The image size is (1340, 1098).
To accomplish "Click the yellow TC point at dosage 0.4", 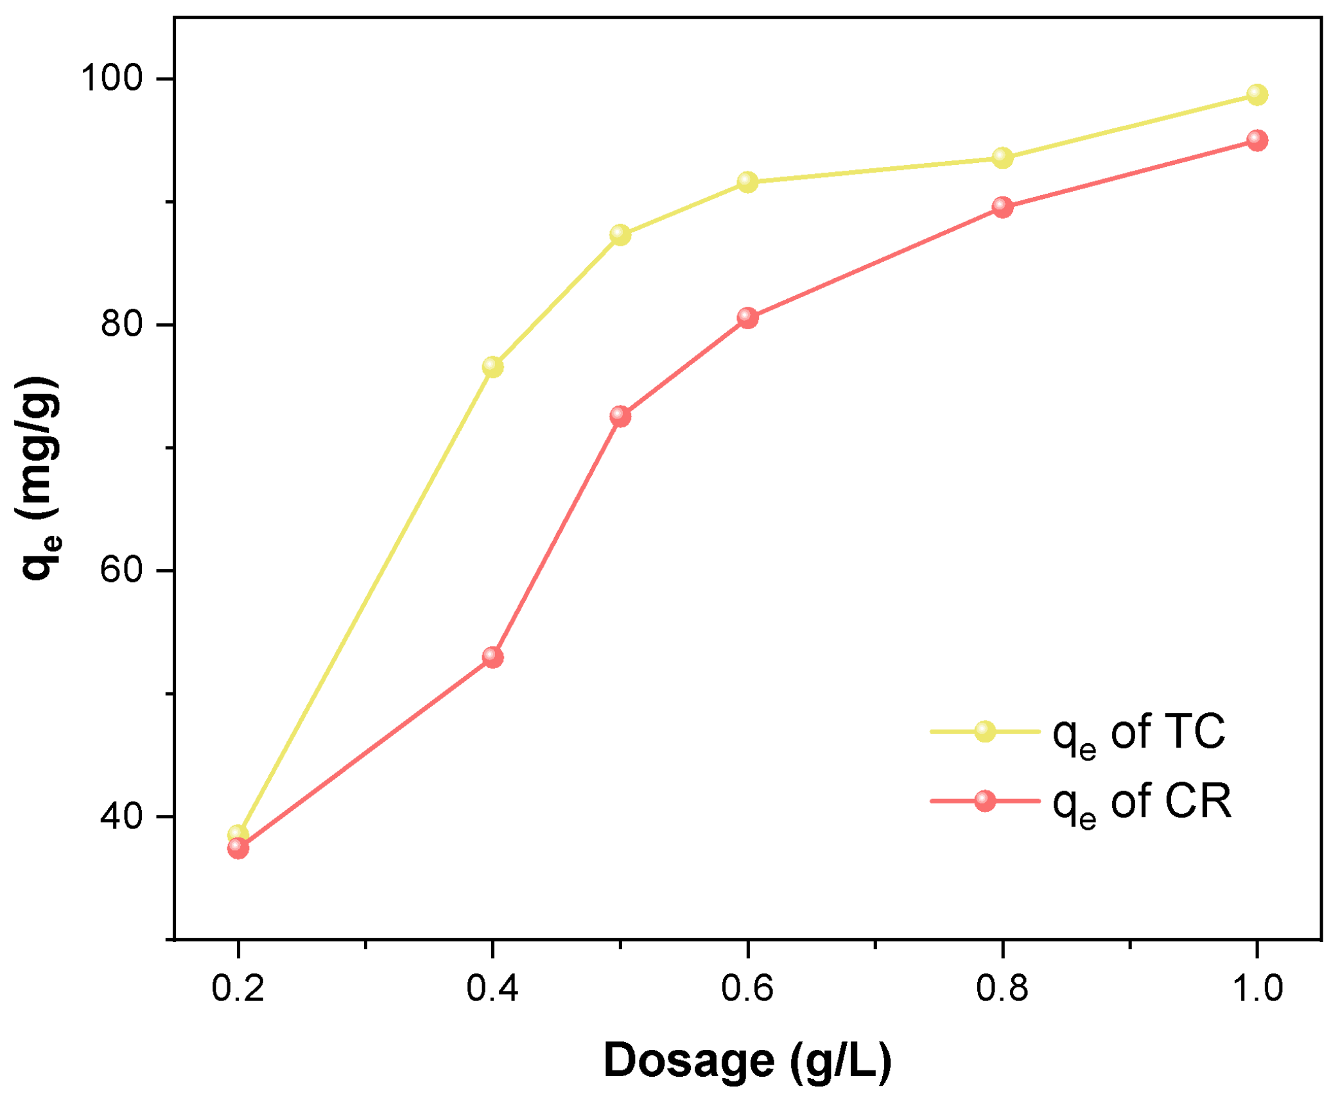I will (492, 366).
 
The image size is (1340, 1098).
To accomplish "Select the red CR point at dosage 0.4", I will (492, 657).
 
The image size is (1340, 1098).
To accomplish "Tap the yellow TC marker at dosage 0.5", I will (620, 234).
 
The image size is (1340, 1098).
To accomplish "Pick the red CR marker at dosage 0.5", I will (620, 416).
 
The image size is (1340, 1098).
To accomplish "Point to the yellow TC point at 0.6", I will (747, 182).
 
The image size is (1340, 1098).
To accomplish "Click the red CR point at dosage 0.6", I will (747, 317).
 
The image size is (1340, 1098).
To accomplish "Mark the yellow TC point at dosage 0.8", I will (1002, 157).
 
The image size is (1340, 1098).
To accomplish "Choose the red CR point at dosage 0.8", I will (1002, 207).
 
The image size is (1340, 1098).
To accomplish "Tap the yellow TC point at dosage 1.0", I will (1257, 95).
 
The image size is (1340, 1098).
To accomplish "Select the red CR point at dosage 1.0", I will (1257, 140).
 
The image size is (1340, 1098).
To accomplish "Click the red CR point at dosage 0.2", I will (238, 848).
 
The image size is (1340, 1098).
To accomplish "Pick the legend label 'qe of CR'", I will (1142, 802).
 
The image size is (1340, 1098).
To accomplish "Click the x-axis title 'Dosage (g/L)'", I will (747, 1060).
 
